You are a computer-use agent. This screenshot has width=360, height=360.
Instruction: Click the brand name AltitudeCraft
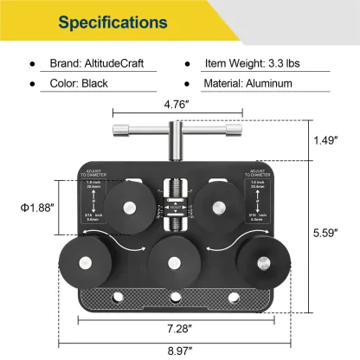[x=108, y=64]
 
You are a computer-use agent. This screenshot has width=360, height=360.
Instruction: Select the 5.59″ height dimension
[x=330, y=232]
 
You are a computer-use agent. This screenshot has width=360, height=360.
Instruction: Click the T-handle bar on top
[x=178, y=131]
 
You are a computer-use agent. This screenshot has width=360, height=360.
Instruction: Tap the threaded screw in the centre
[x=178, y=204]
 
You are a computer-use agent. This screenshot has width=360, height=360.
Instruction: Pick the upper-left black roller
[x=131, y=206]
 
